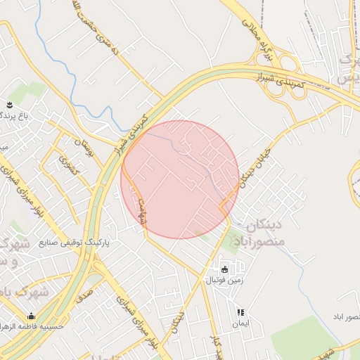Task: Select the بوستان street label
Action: (87, 148)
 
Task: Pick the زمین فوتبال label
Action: (224, 280)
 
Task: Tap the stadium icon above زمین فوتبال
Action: (224, 269)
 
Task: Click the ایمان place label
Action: (240, 324)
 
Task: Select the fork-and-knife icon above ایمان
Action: (240, 312)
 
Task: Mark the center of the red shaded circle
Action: (180, 179)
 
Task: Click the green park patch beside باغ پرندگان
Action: (28, 92)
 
